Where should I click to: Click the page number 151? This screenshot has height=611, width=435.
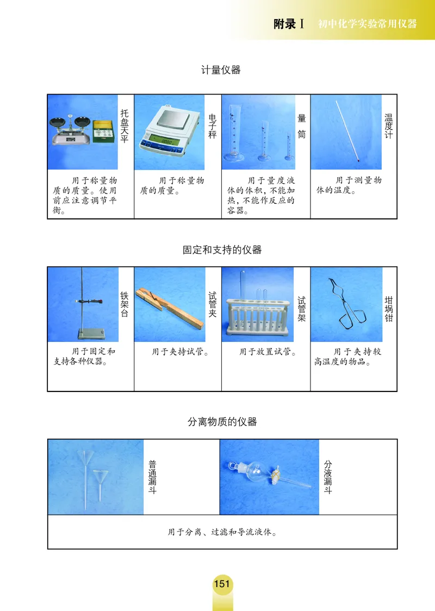(222, 584)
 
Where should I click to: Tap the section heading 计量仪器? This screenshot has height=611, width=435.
(221, 70)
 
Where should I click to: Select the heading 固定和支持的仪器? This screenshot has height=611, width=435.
(222, 250)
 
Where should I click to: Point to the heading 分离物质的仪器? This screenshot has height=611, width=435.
(222, 422)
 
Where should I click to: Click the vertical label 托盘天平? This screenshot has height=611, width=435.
(125, 126)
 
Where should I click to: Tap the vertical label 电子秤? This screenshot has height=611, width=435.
(212, 126)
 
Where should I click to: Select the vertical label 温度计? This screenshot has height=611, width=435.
(388, 126)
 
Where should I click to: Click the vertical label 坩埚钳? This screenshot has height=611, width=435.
(388, 309)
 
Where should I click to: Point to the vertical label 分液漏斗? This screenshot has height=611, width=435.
(327, 477)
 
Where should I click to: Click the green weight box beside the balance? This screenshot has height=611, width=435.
(104, 132)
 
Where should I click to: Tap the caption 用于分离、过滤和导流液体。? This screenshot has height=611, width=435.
(222, 532)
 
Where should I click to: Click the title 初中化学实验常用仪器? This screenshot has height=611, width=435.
(367, 24)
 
